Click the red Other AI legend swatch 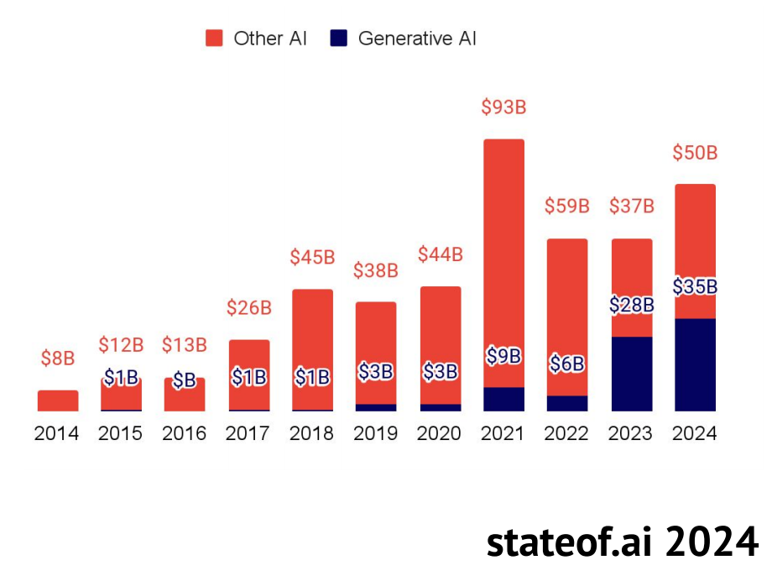[215, 38]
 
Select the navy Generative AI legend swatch [339, 38]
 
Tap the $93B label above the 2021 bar [503, 107]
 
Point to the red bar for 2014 [58, 401]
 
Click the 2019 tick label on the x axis [376, 434]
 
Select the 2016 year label [184, 434]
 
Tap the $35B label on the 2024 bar [695, 286]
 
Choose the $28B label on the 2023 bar [632, 305]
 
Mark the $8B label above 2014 [58, 359]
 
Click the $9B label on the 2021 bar [503, 356]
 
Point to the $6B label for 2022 [567, 364]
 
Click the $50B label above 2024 [695, 154]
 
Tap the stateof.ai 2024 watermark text [623, 542]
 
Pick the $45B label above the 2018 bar [312, 258]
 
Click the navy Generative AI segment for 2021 [503, 399]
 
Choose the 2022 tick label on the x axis [567, 434]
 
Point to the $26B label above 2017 [249, 308]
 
